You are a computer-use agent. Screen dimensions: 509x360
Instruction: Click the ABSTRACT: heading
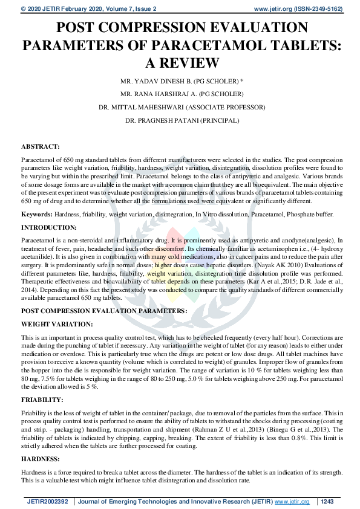tap(40, 146)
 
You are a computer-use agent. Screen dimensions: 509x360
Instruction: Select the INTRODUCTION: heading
tap(48, 227)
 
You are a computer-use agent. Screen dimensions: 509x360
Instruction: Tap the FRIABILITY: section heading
tap(42, 400)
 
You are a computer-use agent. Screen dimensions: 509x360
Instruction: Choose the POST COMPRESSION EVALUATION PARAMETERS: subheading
tap(103, 310)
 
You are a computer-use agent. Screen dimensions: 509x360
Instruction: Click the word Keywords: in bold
tap(36, 215)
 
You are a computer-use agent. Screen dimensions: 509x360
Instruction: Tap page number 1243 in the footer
tap(327, 501)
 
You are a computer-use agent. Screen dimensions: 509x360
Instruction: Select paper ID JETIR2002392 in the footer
tap(47, 501)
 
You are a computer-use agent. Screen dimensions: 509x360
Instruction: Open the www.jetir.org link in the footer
tap(292, 501)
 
